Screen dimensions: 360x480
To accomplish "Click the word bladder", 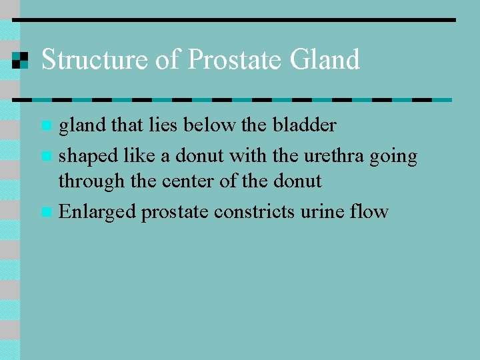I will pyautogui.click(x=303, y=125).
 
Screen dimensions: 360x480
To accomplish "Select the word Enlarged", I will pyautogui.click(x=97, y=213).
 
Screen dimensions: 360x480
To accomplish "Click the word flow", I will pyautogui.click(x=370, y=212).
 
